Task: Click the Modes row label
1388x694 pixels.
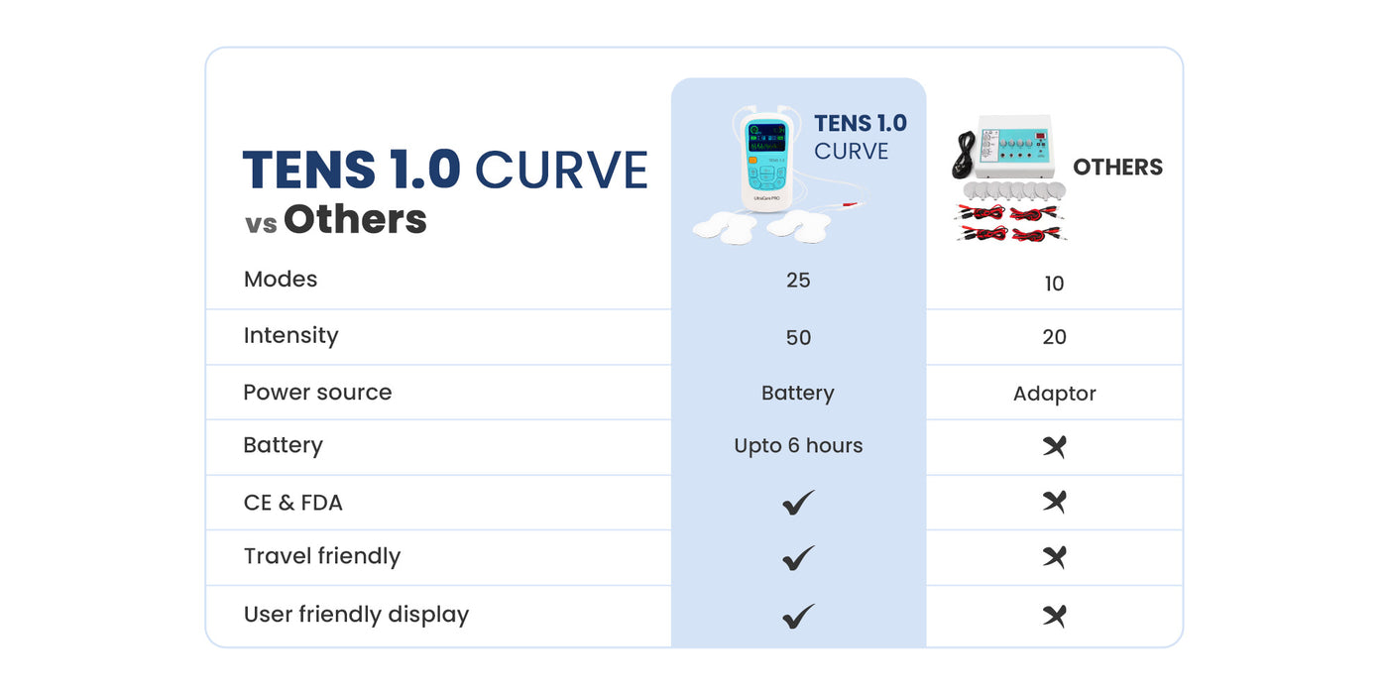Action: pos(280,280)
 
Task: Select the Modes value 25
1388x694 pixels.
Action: pos(798,280)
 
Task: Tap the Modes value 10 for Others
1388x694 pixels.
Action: pos(1054,284)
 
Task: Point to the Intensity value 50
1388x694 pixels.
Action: pos(798,337)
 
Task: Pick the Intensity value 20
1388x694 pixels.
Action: pos(1054,336)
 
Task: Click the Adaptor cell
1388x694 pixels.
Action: pos(1055,394)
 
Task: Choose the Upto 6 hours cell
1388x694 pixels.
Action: pos(798,445)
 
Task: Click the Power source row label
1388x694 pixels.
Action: pos(317,393)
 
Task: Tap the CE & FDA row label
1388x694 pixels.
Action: pos(293,503)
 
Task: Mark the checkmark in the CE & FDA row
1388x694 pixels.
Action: pos(798,503)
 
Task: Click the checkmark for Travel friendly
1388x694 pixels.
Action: pos(798,557)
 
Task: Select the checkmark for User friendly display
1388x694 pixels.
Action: pos(798,616)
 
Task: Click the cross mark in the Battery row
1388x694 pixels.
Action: pos(1054,446)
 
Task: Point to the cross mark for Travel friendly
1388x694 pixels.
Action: pos(1054,557)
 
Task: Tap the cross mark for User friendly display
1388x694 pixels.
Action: pos(1054,616)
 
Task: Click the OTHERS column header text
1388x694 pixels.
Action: pos(1118,168)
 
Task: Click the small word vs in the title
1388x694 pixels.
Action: pos(261,224)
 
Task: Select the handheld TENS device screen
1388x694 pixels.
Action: pos(767,138)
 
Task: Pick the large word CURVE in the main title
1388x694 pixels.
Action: pos(561,170)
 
